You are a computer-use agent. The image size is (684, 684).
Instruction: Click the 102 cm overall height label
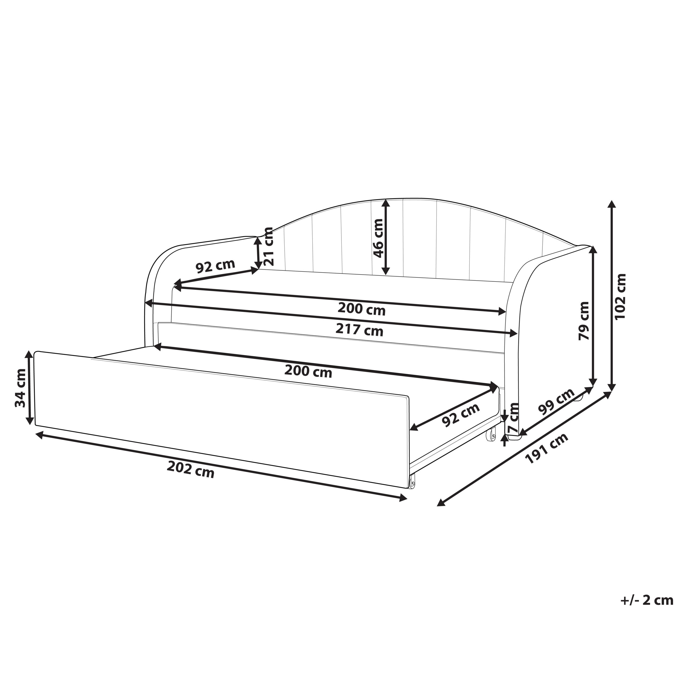[x=621, y=296]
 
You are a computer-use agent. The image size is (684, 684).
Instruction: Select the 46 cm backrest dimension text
[x=378, y=238]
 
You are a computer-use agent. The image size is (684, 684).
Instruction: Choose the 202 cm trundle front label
[x=191, y=469]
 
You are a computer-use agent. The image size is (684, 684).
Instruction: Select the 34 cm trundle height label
[x=20, y=388]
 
